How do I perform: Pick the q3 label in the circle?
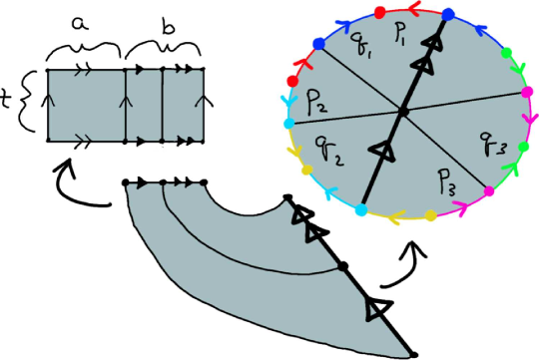point(493,149)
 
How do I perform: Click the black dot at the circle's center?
point(401,114)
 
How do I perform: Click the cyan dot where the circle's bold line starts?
point(360,209)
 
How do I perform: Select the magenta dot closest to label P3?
point(489,190)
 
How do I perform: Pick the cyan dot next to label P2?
point(289,123)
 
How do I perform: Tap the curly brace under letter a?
point(84,43)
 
